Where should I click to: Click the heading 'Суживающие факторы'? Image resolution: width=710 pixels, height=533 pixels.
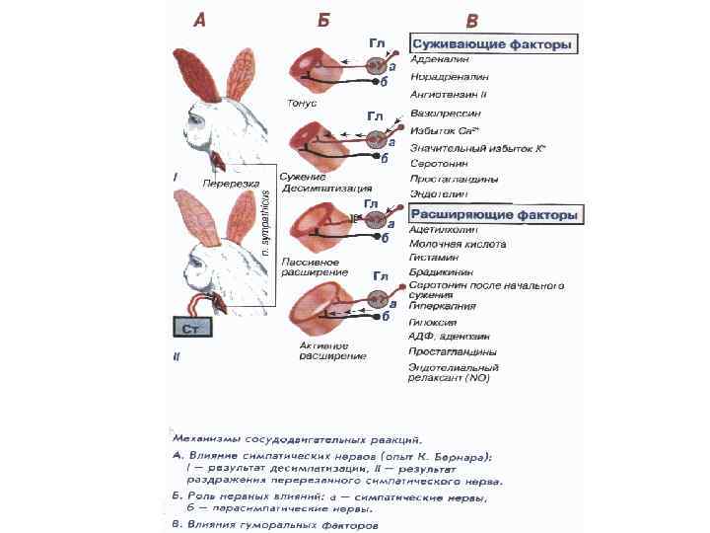coord(493,45)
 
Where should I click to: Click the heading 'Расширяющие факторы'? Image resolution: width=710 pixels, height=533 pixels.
coord(496,214)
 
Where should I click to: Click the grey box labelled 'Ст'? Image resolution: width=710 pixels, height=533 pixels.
coord(193,329)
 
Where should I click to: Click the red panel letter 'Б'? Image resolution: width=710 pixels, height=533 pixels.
coord(323,20)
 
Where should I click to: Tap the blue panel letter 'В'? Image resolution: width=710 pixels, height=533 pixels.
coord(472,21)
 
